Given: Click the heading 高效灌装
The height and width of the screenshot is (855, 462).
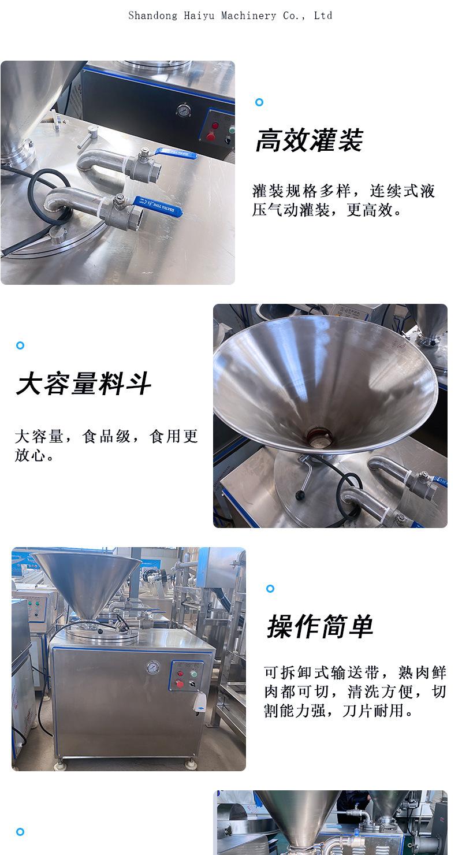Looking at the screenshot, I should pos(309,140).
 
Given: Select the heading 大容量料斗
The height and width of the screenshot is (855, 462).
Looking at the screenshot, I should pos(84,384).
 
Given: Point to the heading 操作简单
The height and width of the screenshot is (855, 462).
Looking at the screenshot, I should pos(321,627).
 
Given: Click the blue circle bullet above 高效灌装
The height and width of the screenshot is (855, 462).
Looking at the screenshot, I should pos(259,102).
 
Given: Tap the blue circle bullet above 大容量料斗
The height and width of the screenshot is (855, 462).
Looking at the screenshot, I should pos(20,345).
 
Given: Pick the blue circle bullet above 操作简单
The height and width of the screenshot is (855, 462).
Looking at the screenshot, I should pos(270,589).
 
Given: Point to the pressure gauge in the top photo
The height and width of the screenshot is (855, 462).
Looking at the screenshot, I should pos(184,110).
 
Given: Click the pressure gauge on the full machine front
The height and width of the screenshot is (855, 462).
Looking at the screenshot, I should pos(151,668).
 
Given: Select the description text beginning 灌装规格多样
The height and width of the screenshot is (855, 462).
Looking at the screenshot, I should pos(343,200).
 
